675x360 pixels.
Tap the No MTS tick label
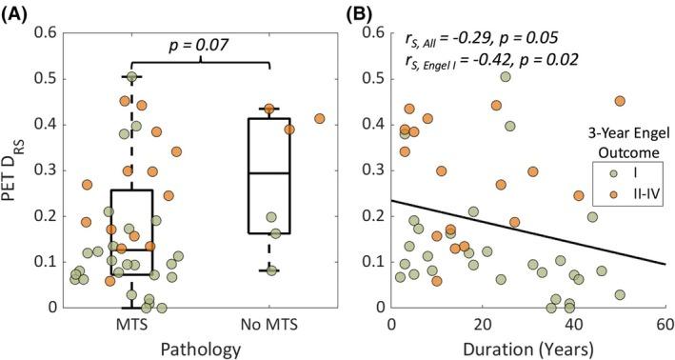click(269, 324)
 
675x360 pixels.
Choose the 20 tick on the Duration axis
click(483, 324)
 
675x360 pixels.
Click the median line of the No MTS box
click(269, 173)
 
